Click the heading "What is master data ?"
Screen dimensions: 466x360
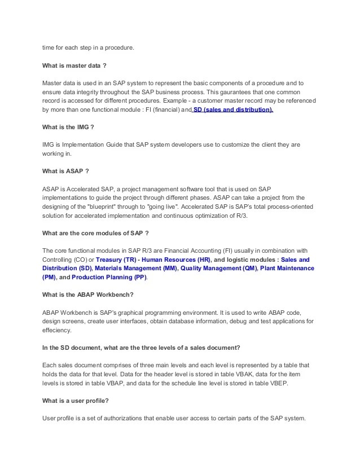pyautogui.click(x=74, y=65)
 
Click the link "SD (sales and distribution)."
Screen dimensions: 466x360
pyautogui.click(x=232, y=110)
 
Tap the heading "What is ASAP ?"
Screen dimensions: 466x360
pyautogui.click(x=65, y=171)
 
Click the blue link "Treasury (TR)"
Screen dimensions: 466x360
pyautogui.click(x=116, y=260)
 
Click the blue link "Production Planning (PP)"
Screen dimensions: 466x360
pyautogui.click(x=109, y=278)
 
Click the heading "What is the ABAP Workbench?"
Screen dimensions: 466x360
pyautogui.click(x=87, y=294)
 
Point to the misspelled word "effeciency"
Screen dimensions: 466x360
pyautogui.click(x=57, y=330)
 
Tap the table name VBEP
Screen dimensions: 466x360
pyautogui.click(x=287, y=383)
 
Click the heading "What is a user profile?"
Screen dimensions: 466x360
pyautogui.click(x=76, y=401)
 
